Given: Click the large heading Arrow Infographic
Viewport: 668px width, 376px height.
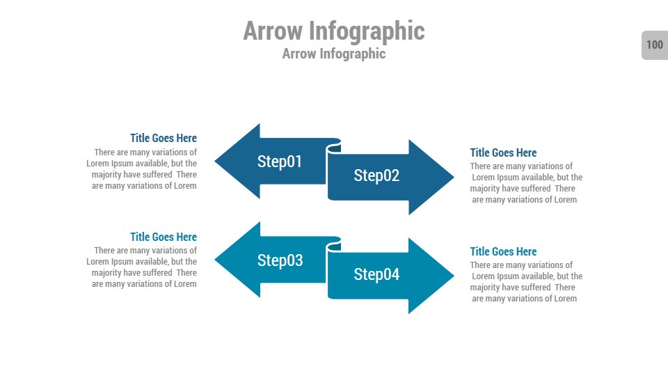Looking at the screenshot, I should click(333, 31).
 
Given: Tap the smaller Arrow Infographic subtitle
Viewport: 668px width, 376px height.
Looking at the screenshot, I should click(333, 54).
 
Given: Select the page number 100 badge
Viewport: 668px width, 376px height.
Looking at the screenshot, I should click(654, 45).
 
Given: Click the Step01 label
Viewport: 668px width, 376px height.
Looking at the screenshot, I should click(280, 162).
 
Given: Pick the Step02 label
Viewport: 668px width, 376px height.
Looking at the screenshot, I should click(376, 175).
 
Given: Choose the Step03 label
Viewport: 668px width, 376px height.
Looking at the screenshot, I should click(280, 260).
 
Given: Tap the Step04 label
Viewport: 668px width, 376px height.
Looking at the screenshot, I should click(376, 274).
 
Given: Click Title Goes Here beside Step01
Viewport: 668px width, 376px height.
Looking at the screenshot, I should click(163, 138).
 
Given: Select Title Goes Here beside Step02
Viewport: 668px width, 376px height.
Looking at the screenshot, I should click(503, 152).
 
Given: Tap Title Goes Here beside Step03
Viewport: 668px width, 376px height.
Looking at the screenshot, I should click(163, 237).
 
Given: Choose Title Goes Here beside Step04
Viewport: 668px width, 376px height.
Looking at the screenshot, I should click(503, 251).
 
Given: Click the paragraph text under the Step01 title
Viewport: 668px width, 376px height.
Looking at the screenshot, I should click(142, 169).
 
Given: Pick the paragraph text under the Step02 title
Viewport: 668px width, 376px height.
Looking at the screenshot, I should click(525, 183).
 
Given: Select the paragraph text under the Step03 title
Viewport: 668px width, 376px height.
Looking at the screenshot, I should click(142, 267).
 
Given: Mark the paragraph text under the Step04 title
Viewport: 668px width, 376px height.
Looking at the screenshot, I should click(525, 282).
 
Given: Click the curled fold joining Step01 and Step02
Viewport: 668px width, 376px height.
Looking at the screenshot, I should click(334, 146).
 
